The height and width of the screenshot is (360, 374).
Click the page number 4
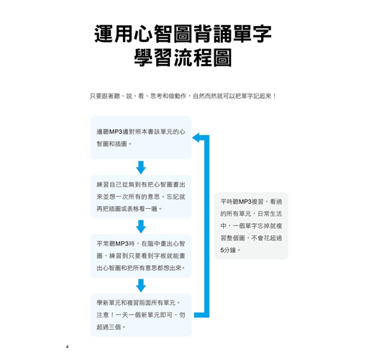[x=67, y=347]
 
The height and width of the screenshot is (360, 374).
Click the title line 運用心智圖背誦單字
[x=183, y=34]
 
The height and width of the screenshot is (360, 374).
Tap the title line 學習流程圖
[x=183, y=58]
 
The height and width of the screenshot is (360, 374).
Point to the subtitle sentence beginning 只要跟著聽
[x=183, y=96]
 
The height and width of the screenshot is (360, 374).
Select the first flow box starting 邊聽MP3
[x=141, y=138]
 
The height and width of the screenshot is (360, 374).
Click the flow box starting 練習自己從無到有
[x=141, y=197]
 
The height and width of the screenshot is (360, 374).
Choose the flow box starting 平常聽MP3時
[x=141, y=256]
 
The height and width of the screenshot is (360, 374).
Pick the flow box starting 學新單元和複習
[x=141, y=315]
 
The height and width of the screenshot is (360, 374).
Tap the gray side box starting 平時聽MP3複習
[x=251, y=225]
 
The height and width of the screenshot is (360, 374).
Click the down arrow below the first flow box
[x=141, y=168]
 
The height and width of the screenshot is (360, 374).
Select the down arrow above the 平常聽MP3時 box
[x=141, y=227]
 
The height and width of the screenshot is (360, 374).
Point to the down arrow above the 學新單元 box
[x=141, y=286]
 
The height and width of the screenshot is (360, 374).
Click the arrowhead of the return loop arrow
[x=196, y=138]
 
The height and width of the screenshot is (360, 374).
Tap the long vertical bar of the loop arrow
[x=206, y=226]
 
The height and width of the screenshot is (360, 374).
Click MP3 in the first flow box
[x=116, y=132]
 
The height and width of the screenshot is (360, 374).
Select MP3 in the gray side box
[x=245, y=202]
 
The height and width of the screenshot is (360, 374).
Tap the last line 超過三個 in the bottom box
[x=109, y=327]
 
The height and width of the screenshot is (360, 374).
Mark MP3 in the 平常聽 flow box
[x=122, y=244]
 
